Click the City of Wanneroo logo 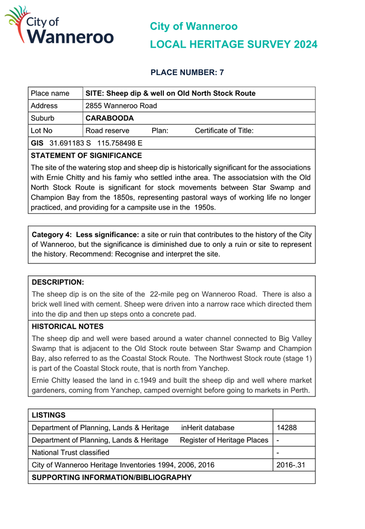click(x=59, y=26)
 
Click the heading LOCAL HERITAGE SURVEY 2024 click(x=233, y=45)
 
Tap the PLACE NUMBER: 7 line click(x=187, y=72)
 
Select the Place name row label click(x=50, y=93)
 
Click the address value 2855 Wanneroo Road click(x=121, y=106)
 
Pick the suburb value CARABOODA click(x=110, y=118)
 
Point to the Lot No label click(x=42, y=130)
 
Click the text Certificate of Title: click(x=224, y=130)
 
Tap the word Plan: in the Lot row click(x=160, y=130)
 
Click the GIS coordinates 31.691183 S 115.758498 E click(x=96, y=143)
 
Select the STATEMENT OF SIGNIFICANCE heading click(x=86, y=155)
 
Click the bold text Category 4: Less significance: click(x=85, y=234)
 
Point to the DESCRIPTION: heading click(x=58, y=282)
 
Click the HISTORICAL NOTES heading click(x=68, y=327)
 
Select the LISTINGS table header click(x=49, y=415)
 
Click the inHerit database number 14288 click(x=286, y=428)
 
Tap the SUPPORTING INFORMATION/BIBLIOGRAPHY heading click(x=112, y=477)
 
